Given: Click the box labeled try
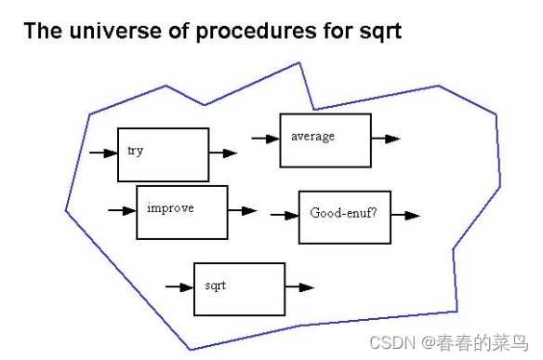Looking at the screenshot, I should pyautogui.click(x=163, y=154).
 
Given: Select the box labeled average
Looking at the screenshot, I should pyautogui.click(x=324, y=140).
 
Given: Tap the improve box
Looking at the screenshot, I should pyautogui.click(x=181, y=212).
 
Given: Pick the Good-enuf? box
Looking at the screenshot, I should pyautogui.click(x=344, y=216).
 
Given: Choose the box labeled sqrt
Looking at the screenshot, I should pyautogui.click(x=239, y=288).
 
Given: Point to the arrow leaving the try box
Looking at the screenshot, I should pyautogui.click(x=223, y=153).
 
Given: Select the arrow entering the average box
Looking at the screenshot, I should pyautogui.click(x=265, y=139).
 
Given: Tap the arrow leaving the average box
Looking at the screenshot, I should pyautogui.click(x=386, y=139).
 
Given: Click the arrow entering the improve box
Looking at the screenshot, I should pyautogui.click(x=122, y=211).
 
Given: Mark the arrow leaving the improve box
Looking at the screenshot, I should pyautogui.click(x=242, y=211).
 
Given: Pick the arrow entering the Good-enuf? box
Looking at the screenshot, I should pyautogui.click(x=284, y=216).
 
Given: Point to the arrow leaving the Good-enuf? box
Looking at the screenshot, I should pyautogui.click(x=405, y=216).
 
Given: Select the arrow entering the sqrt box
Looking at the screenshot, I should pyautogui.click(x=179, y=287).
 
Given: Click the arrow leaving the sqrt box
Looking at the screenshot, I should pyautogui.click(x=299, y=287).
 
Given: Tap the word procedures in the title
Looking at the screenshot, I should pyautogui.click(x=245, y=31).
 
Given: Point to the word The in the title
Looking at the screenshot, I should pyautogui.click(x=42, y=31).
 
